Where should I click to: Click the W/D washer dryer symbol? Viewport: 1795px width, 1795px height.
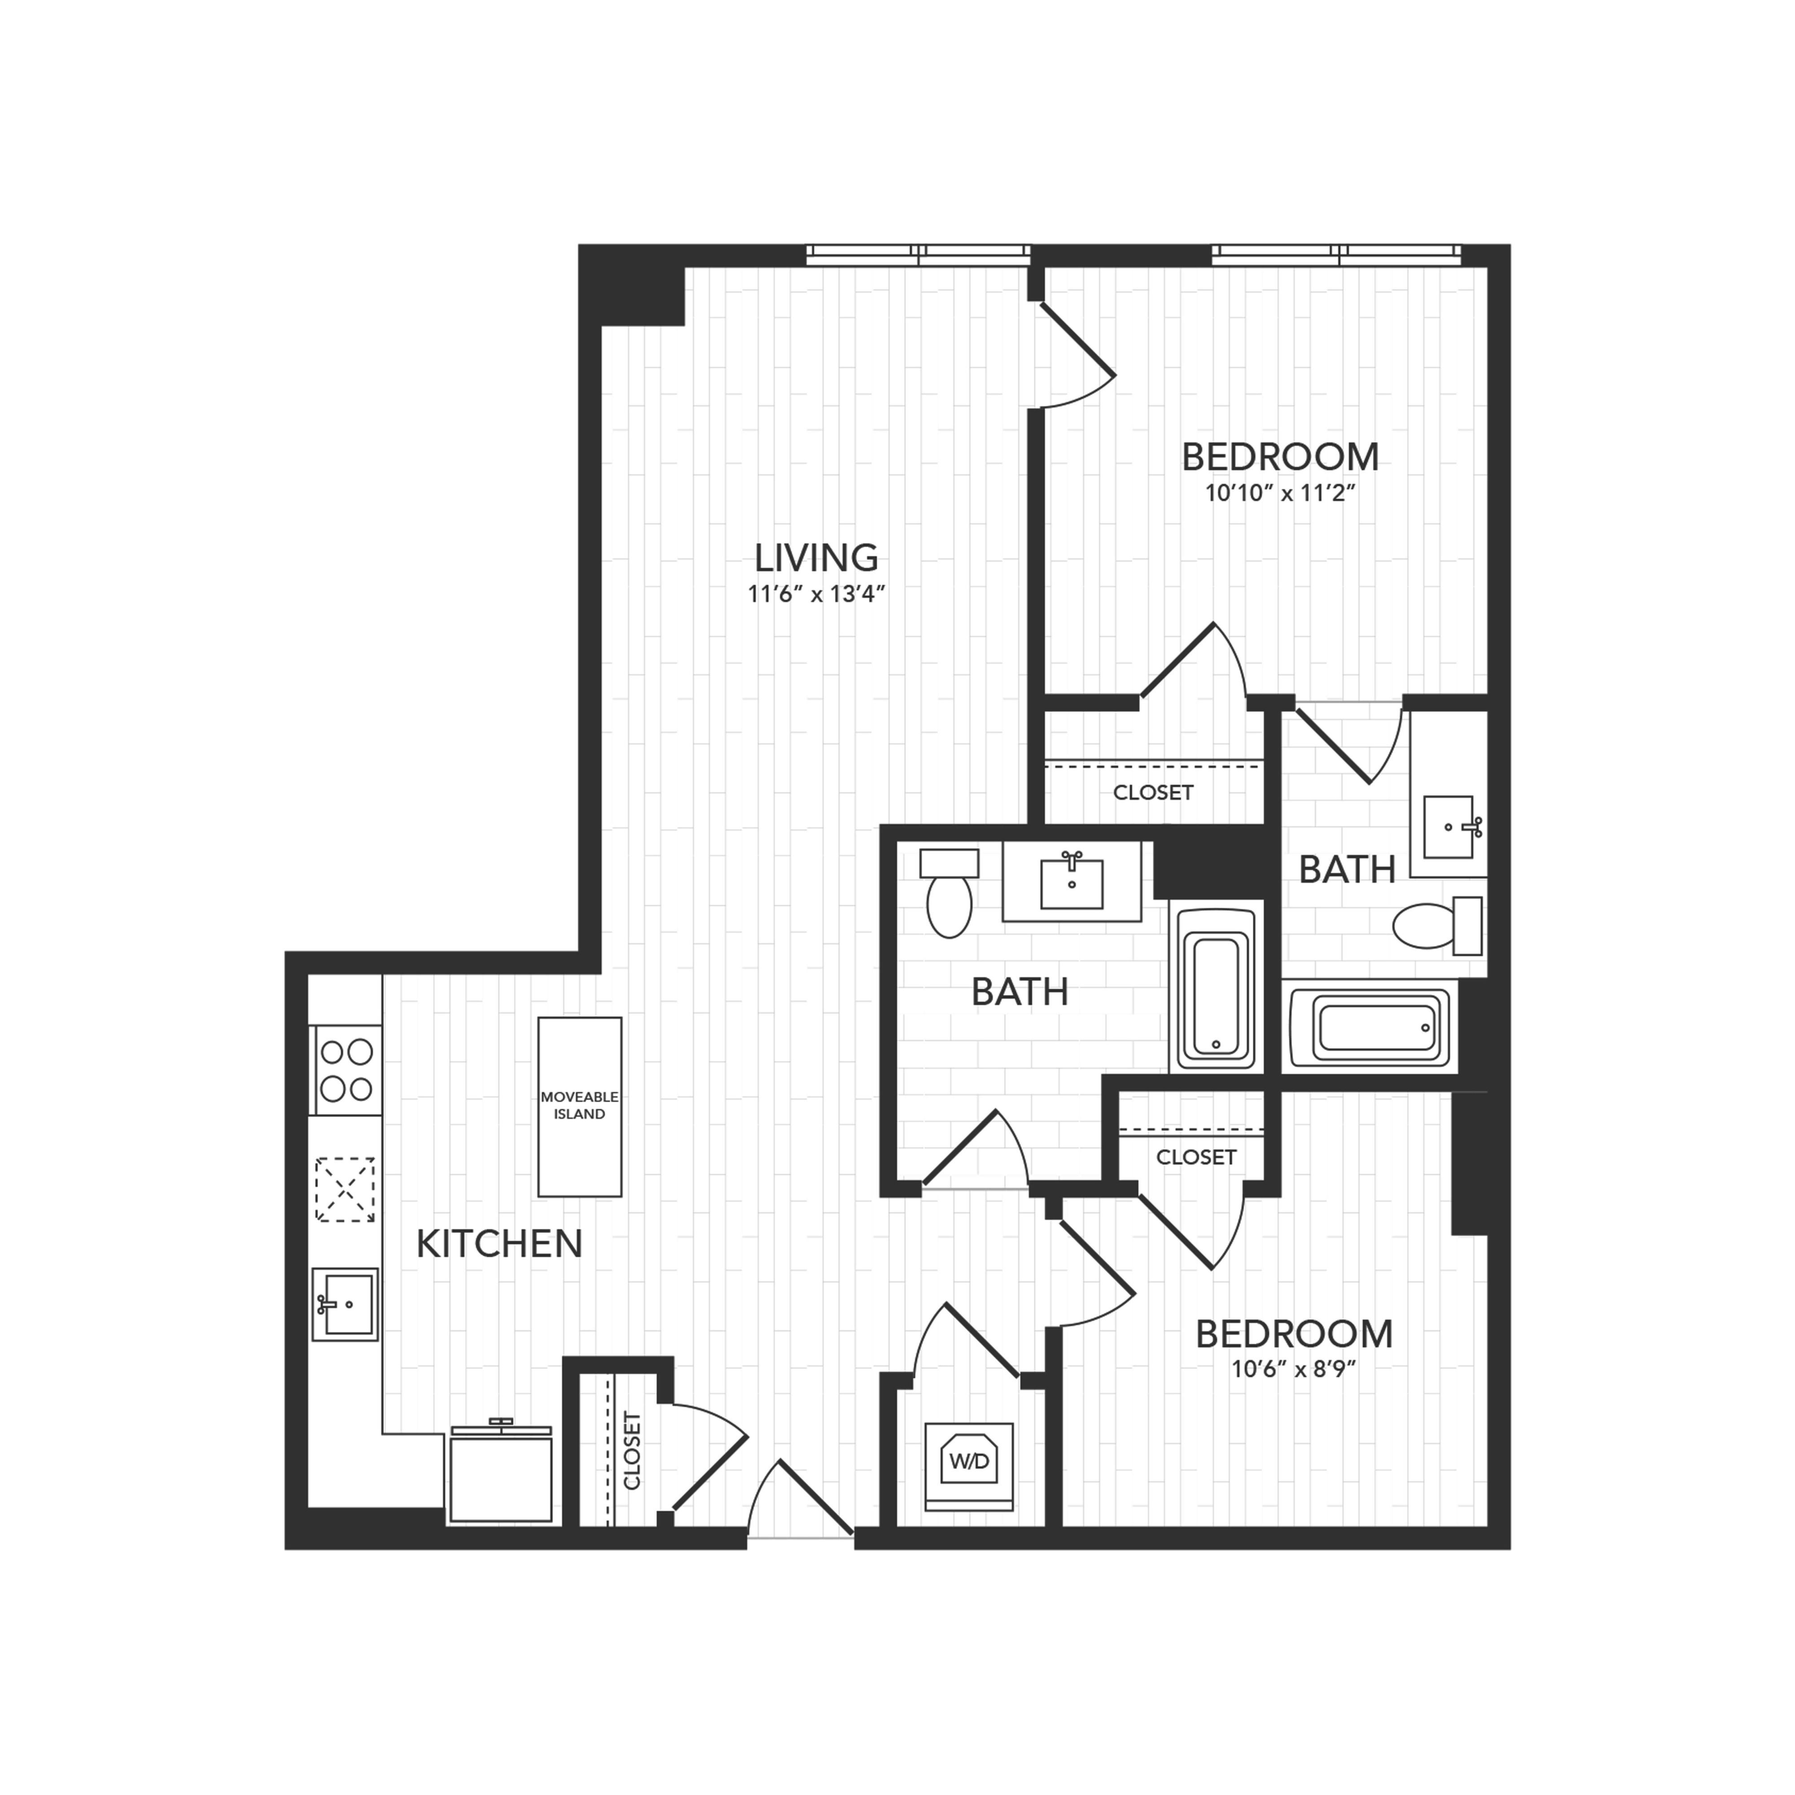969,1462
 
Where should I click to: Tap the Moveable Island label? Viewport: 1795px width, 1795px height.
580,1106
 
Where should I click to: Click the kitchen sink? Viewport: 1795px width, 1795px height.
345,1305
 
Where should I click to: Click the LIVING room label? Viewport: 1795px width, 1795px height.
816,557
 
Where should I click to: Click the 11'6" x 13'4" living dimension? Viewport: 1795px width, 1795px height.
816,594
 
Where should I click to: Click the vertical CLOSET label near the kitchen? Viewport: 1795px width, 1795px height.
632,1451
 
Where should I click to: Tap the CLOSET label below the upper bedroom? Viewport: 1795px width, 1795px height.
1153,792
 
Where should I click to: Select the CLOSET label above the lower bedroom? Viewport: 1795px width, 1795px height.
1196,1157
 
